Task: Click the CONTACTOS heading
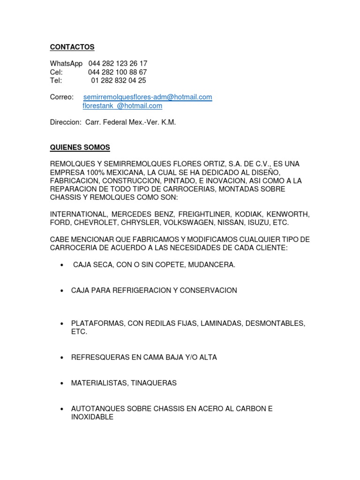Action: coord(72,47)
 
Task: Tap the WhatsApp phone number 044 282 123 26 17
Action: coord(118,63)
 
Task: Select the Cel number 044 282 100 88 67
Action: coord(118,72)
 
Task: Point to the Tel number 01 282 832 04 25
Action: coord(119,81)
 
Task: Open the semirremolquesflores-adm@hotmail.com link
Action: coord(148,97)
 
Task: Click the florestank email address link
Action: coord(122,106)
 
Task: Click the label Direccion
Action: coord(65,122)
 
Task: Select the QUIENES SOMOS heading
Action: coord(80,148)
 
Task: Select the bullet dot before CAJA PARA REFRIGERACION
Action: coord(62,291)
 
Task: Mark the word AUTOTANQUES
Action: coord(96,409)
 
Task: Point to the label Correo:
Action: coord(62,97)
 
